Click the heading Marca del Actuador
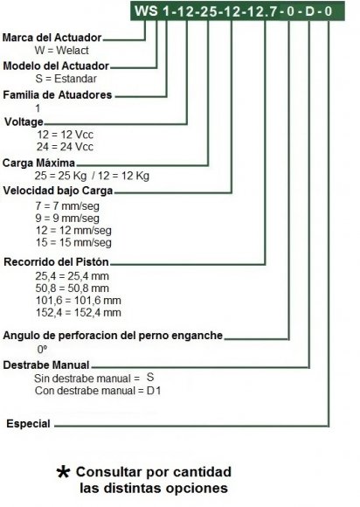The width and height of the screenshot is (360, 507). tap(52, 38)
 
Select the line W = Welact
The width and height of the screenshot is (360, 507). tap(61, 51)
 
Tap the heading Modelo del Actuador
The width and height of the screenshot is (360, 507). tap(56, 66)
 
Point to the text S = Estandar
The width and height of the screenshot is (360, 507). tap(66, 79)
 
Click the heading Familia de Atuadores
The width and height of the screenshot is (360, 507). tap(58, 94)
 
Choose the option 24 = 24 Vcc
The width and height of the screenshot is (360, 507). tap(65, 147)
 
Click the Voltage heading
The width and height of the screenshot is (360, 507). tap(24, 122)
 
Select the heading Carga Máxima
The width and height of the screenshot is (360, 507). tap(38, 163)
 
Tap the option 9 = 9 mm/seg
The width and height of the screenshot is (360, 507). tap(67, 218)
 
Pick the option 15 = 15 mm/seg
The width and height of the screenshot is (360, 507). tap(73, 242)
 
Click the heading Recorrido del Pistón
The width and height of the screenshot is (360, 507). tap(56, 261)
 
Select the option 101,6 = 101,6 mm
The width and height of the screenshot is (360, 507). tap(79, 301)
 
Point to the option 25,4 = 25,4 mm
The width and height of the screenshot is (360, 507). tap(72, 276)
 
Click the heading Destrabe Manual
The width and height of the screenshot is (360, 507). tap(46, 365)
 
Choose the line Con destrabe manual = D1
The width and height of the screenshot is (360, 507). tap(98, 391)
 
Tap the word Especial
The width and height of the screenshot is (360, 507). tap(28, 424)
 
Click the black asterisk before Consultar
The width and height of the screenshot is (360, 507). tap(63, 472)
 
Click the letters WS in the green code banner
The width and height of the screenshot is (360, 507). tap(146, 11)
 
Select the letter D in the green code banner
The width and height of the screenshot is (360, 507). tap(309, 11)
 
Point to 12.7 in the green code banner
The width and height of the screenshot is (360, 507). tap(262, 11)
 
